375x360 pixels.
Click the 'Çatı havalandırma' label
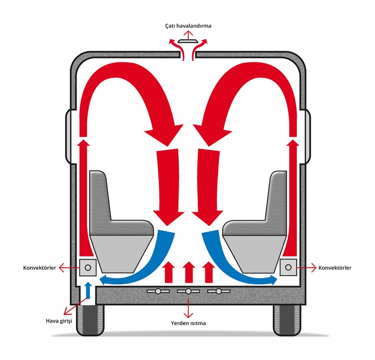(188, 26)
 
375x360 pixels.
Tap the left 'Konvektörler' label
(39, 268)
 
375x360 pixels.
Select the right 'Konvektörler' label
(335, 268)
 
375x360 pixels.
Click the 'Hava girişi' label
(59, 321)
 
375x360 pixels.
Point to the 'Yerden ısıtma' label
(188, 323)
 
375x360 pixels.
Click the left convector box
(88, 267)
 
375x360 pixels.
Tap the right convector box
(288, 267)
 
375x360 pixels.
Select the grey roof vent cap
(188, 41)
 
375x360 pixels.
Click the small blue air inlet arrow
(88, 290)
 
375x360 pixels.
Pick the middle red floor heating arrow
(189, 272)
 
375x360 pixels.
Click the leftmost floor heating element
(158, 291)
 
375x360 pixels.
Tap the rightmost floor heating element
(218, 291)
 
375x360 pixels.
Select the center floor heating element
(188, 291)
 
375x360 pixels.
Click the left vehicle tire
(90, 320)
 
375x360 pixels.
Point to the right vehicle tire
(287, 320)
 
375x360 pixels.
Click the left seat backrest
(99, 196)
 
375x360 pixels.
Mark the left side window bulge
(68, 136)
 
